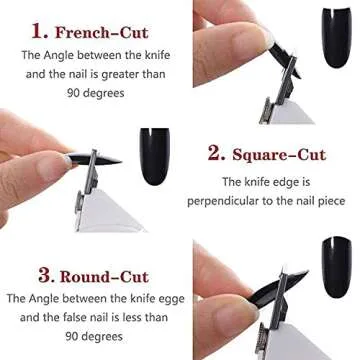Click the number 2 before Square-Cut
point(215,153)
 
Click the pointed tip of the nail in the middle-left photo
point(122,161)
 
